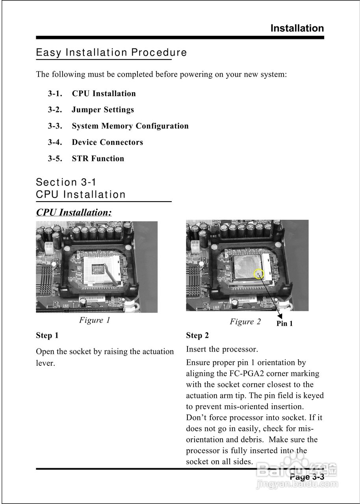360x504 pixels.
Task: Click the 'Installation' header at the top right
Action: pos(297,28)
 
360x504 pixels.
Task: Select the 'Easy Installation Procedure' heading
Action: pos(111,52)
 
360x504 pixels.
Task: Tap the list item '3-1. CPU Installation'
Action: pos(92,94)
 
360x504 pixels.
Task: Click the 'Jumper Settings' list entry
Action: pos(102,110)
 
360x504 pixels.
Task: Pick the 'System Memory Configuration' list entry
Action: pos(130,126)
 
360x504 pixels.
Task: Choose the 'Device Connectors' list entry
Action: pos(107,142)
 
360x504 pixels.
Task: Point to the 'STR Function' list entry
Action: pos(98,159)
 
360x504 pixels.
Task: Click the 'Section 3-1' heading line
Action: pos(66,182)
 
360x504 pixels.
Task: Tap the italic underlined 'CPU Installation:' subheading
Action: pos(74,213)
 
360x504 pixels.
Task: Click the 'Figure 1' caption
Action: pos(95,320)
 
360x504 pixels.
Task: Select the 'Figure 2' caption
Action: pos(245,322)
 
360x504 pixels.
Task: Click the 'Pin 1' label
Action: pos(284,324)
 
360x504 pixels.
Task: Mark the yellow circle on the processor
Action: pos(258,274)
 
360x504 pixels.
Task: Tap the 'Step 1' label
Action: pos(47,335)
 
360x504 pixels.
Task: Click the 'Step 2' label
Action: pos(197,335)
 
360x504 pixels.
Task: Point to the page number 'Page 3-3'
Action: pos(307,477)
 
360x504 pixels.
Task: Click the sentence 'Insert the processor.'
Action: pos(222,349)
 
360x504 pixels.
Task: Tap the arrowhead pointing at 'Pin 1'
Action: pos(280,315)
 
